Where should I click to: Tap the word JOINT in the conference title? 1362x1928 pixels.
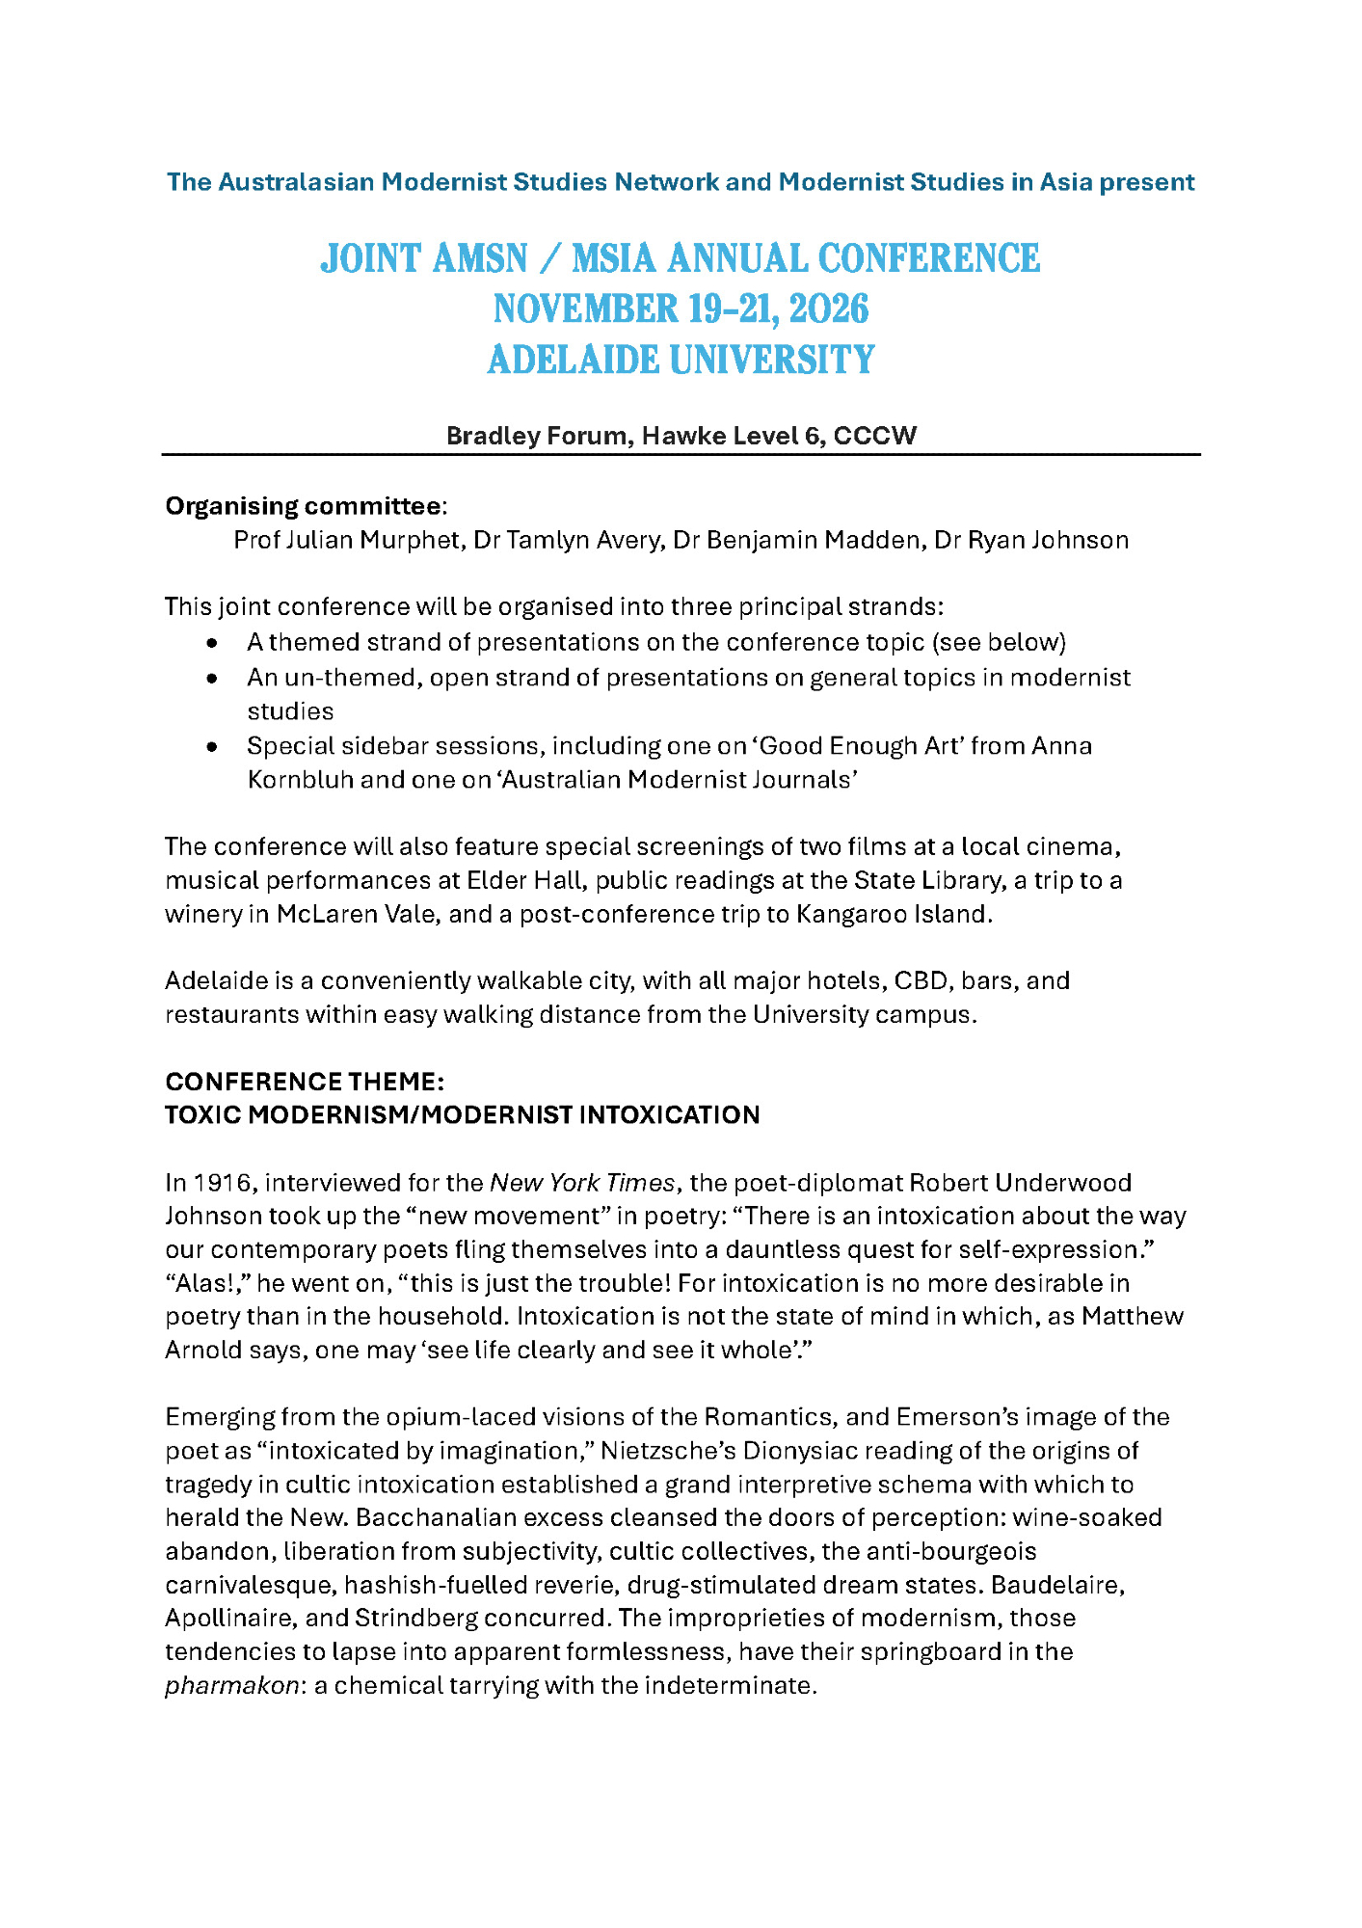pos(371,258)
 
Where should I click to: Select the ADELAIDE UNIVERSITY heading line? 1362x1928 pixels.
pos(681,361)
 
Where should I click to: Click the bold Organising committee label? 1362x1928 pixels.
pos(303,506)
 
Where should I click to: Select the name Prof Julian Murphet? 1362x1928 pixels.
pos(347,540)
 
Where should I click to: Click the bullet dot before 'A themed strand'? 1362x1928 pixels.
pos(212,643)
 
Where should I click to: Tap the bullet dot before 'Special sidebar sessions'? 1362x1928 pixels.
pos(212,746)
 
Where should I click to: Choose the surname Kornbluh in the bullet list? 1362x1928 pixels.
pos(301,780)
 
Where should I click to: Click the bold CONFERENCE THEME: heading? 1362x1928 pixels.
pos(305,1082)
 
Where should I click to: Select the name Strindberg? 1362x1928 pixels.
pos(416,1619)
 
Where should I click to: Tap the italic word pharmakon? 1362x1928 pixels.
pos(231,1686)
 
